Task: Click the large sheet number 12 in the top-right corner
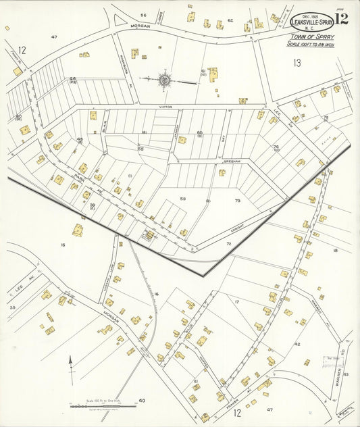(x=341, y=18)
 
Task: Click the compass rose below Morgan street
(x=164, y=81)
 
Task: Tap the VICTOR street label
(x=166, y=106)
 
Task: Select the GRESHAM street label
(x=232, y=162)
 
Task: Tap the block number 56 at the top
(x=143, y=15)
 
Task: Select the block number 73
(x=237, y=201)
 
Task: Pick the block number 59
(x=182, y=198)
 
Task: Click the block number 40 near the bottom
(x=141, y=401)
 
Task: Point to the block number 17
(x=236, y=301)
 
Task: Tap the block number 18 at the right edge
(x=335, y=250)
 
